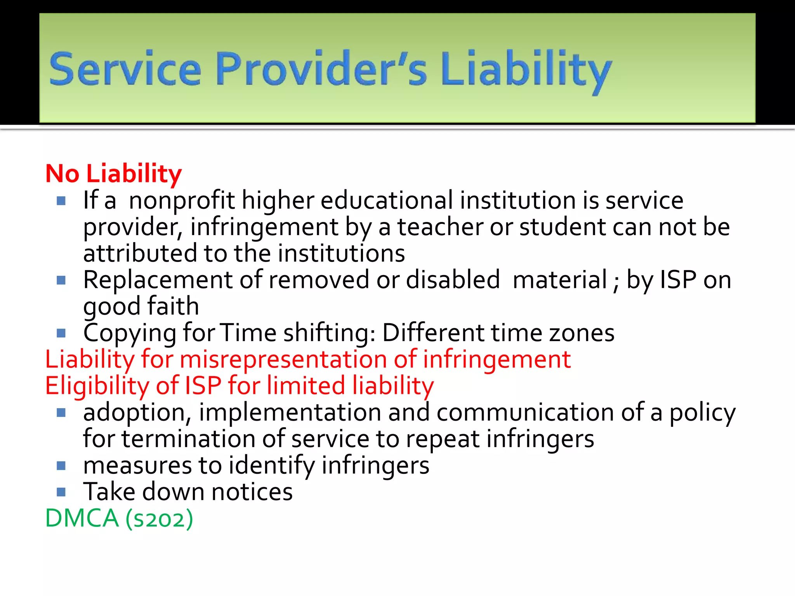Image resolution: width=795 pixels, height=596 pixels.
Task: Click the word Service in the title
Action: click(x=125, y=69)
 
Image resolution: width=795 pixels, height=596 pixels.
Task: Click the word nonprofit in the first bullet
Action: click(x=182, y=201)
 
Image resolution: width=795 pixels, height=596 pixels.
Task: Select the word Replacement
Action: click(x=158, y=280)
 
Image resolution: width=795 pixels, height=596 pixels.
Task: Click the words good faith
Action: click(x=141, y=307)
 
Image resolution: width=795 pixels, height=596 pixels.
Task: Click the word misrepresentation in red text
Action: click(x=283, y=360)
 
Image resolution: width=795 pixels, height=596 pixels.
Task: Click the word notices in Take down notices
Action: click(x=252, y=492)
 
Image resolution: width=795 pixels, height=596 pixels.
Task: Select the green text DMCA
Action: click(x=82, y=518)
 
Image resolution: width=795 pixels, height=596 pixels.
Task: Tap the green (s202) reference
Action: click(x=159, y=519)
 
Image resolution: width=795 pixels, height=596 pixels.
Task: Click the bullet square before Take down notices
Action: click(x=61, y=492)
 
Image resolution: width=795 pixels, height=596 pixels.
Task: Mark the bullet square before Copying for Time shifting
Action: click(x=61, y=333)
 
